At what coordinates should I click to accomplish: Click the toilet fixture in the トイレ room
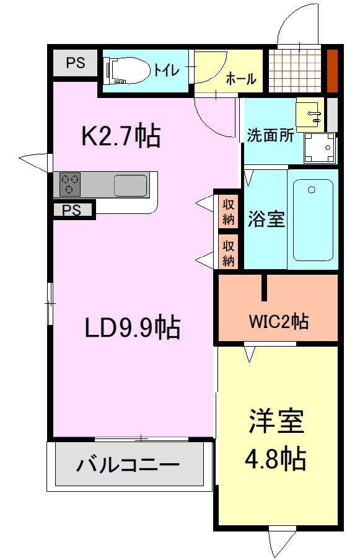pos(128,70)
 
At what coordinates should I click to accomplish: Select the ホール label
pos(241,79)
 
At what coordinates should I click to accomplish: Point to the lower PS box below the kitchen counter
pos(72,210)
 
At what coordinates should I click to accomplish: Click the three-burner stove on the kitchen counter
pos(69,184)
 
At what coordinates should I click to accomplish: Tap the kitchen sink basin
pos(130,185)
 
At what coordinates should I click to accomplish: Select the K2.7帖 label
pos(121,135)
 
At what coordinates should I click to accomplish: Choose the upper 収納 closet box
pos(229,211)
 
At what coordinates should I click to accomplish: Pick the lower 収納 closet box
pos(229,252)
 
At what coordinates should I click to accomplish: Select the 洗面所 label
pos(271,135)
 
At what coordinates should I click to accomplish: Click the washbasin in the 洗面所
pos(310,113)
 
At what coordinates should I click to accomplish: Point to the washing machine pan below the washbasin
pos(318,147)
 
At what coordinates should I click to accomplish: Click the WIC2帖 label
pos(279,322)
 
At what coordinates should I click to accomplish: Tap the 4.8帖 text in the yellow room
pos(275,459)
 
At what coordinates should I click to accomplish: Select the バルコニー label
pos(128,464)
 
